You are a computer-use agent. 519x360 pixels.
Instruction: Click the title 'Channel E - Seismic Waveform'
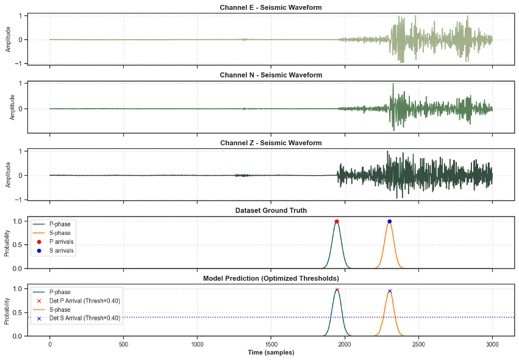coord(271,7)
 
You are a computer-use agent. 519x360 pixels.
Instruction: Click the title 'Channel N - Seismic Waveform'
coord(271,75)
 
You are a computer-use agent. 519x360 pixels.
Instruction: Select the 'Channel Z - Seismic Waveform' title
coord(271,143)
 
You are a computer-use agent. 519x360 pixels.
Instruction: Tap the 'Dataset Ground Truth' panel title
coord(271,211)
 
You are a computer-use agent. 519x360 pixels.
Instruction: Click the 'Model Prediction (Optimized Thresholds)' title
coord(271,279)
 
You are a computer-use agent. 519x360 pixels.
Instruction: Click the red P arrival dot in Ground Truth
coord(337,221)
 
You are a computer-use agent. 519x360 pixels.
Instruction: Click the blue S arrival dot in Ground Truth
coord(389,221)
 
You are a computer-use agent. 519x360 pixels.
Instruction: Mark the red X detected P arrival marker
coord(337,290)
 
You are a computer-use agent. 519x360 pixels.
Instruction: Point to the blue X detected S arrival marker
coord(390,291)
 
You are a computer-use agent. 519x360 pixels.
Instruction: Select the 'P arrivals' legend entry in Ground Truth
coord(61,242)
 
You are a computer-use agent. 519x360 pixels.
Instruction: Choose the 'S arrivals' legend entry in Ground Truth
coord(61,250)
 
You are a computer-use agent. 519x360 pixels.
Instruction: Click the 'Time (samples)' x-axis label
coord(271,353)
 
